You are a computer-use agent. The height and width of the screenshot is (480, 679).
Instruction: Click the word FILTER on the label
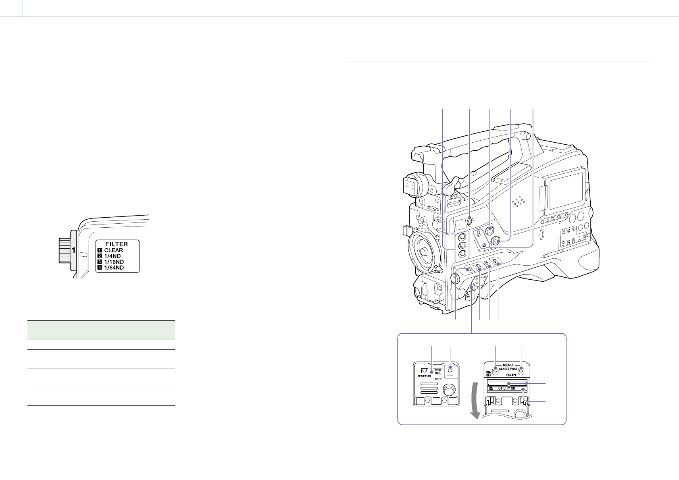[117, 244]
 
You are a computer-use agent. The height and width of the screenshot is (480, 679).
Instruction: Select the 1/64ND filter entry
[114, 268]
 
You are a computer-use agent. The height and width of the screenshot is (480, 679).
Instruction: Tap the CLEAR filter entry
[113, 250]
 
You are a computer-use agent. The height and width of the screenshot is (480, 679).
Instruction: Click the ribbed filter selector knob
[65, 250]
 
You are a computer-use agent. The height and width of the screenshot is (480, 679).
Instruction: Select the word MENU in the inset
[508, 365]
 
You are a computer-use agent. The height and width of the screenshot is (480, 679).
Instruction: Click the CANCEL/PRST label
[508, 369]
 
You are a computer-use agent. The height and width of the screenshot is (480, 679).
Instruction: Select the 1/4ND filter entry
[112, 256]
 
